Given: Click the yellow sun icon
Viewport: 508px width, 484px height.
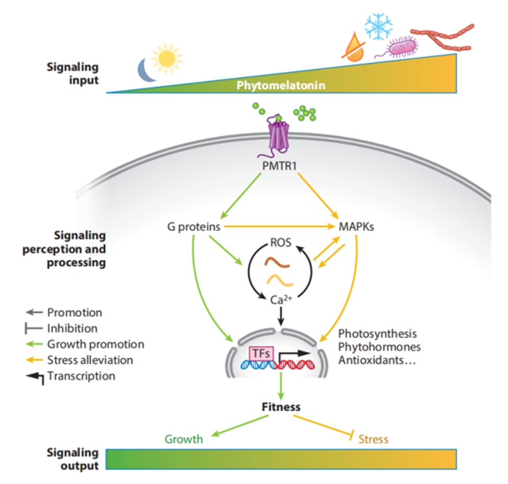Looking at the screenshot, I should point(166,58).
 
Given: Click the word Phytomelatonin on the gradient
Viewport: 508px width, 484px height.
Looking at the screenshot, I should point(280,85).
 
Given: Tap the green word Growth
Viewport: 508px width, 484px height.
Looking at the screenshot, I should point(183,439).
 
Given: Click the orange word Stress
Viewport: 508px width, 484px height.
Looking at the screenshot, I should point(373,439).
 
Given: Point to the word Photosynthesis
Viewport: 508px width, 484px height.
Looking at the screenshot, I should point(377,334).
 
